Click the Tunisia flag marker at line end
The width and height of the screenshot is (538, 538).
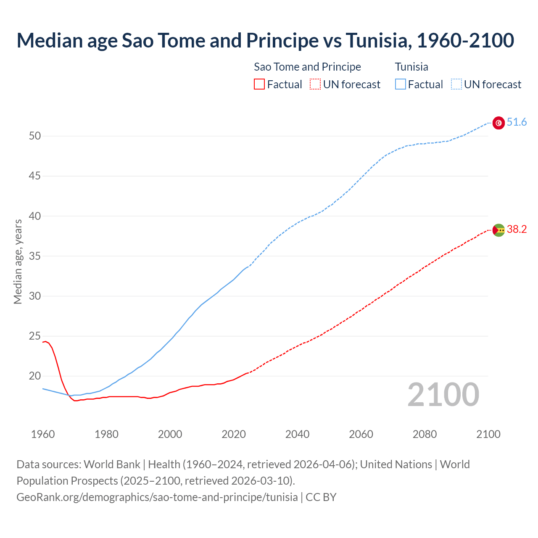pos(498,123)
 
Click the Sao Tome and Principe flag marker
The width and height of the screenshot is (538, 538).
pos(498,230)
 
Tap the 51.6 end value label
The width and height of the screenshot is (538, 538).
pos(517,122)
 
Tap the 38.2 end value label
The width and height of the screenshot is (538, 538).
pos(517,229)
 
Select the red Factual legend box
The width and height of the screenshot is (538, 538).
pos(259,84)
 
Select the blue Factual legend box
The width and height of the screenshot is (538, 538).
pos(400,84)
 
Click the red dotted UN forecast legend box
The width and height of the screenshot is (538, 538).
pos(315,84)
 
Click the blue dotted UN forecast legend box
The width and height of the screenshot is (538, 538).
pos(456,84)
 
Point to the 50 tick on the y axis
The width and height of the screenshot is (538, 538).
pos(35,136)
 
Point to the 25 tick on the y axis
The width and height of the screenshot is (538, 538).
pos(35,336)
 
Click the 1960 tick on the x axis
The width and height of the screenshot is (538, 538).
pos(43,434)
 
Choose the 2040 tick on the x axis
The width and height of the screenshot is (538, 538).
pos(297,434)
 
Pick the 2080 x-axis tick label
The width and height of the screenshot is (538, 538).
pos(425,434)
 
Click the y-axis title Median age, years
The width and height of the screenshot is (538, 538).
pos(18,261)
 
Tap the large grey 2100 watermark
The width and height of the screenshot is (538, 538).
pos(443,395)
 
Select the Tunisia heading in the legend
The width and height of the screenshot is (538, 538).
pos(411,67)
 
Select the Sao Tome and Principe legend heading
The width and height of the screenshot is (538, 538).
pos(307,67)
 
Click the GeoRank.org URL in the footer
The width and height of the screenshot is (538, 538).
pos(157,497)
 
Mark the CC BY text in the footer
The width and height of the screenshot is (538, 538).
pos(321,497)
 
